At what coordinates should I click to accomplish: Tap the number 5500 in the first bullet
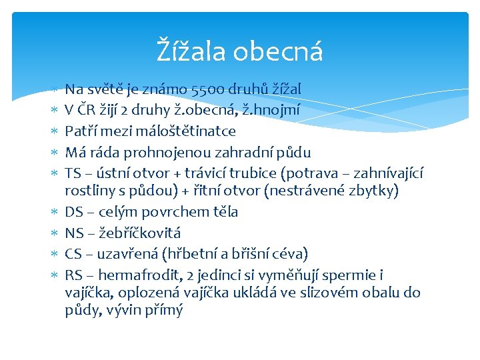pos(209,89)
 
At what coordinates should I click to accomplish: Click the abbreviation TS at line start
pos(73,174)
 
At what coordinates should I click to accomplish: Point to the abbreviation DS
pos(73,212)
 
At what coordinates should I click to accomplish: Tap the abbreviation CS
pos(73,254)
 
